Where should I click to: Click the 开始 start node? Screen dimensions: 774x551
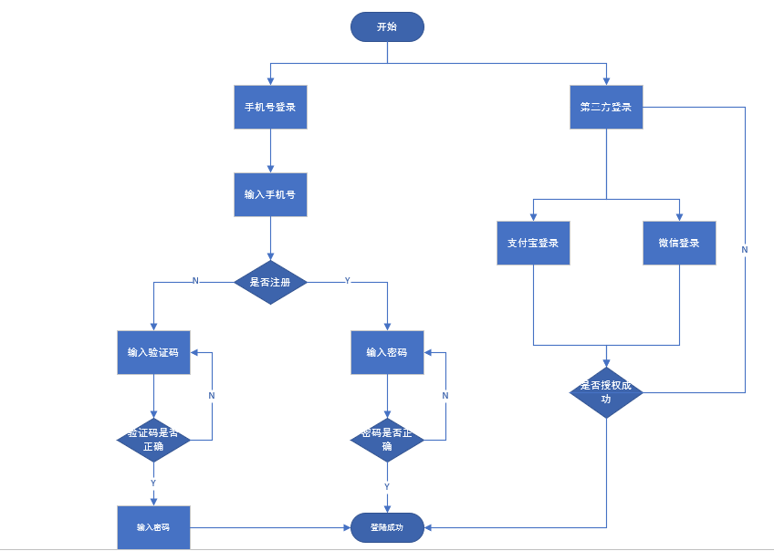(387, 26)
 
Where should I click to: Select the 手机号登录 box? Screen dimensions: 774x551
(270, 107)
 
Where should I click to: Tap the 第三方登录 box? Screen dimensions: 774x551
(606, 107)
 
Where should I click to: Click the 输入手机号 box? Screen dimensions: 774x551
(270, 194)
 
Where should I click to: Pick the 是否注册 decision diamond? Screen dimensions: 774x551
(270, 282)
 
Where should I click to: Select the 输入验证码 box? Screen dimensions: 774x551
(153, 352)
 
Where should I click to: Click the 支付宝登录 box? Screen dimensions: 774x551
(533, 243)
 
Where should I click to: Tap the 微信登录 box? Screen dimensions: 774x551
(679, 243)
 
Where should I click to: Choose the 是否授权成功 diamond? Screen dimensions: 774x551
(606, 392)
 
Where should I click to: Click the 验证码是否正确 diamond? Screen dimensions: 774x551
(153, 440)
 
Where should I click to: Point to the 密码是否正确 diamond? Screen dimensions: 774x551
(387, 440)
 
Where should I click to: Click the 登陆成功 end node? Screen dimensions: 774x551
(387, 527)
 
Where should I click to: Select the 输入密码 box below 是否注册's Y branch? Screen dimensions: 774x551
(387, 352)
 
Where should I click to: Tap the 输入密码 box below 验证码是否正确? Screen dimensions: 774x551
(153, 527)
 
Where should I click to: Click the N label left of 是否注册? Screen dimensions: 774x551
(195, 281)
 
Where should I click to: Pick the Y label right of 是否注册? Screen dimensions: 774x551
(348, 281)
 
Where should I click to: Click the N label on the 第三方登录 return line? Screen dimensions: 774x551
(745, 250)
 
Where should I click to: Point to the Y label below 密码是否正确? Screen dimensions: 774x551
(387, 486)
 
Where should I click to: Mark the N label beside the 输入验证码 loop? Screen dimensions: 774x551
(212, 396)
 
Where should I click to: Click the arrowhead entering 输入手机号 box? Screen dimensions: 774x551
(270, 169)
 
